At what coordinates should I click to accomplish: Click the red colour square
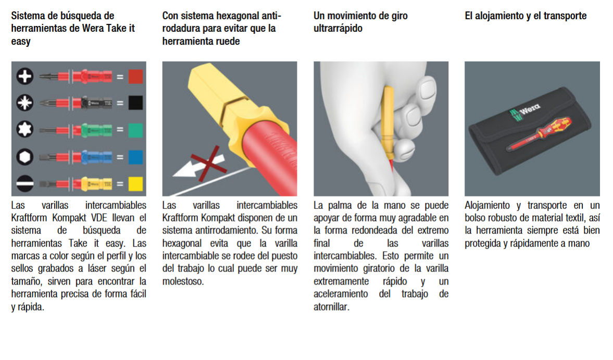pos(135,77)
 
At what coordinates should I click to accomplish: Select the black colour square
pos(135,103)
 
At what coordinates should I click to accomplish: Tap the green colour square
pos(135,130)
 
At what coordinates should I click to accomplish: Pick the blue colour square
pos(135,157)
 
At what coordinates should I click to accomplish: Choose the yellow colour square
pos(135,184)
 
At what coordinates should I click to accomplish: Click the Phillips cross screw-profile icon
pos(24,76)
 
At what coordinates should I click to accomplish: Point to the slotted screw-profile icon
pos(24,183)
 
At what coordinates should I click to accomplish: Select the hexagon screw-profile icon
pos(24,157)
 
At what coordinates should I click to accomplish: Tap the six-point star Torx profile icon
pos(24,129)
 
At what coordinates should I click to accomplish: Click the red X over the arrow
pos(209,164)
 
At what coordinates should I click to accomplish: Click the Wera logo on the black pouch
pos(524,111)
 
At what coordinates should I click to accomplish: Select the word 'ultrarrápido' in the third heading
pos(338,29)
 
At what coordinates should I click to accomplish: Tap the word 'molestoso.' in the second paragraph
pos(183,281)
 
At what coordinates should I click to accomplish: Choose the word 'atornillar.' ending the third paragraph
pos(332,307)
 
